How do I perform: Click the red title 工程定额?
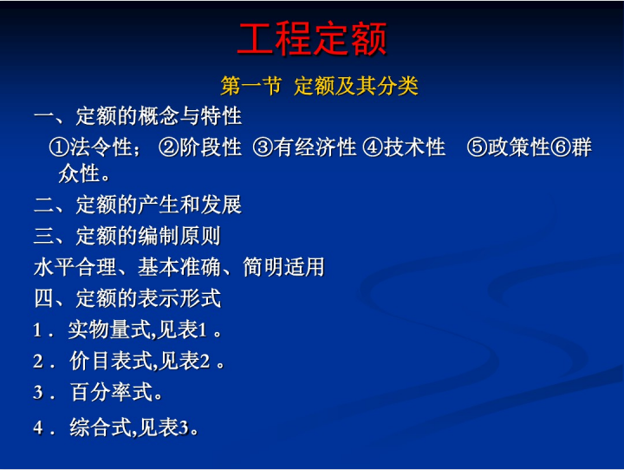coord(312,38)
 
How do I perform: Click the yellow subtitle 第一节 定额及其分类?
coord(319,86)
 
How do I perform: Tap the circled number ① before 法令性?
coord(59,147)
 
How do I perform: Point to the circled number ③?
coord(263,147)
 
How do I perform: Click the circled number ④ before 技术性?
coord(373,147)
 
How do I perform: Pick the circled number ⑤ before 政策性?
coord(478,147)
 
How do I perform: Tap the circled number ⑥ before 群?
coord(561,147)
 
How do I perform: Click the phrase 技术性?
coord(414,147)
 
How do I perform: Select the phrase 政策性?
coord(519,147)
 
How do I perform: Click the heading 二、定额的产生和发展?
coord(138,205)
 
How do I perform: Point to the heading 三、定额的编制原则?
coord(127,236)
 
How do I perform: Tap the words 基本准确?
coord(179,267)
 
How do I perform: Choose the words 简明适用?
coord(283,267)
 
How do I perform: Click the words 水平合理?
coord(75,267)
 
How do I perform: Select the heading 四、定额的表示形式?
coord(127,298)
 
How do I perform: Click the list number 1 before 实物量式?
coord(37,330)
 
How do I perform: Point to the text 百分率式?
coord(112,392)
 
